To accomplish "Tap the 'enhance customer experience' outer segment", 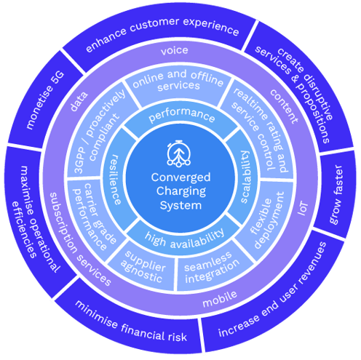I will pyautogui.click(x=162, y=31).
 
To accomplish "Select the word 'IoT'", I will pyautogui.click(x=303, y=209).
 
